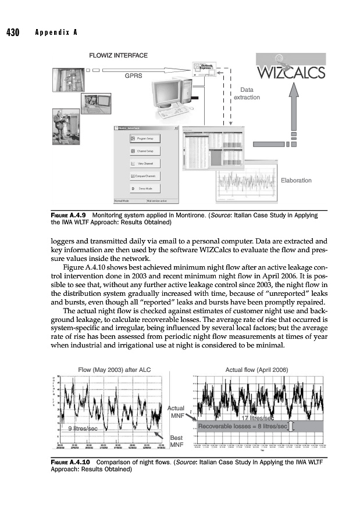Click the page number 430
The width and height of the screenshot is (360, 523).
[13, 32]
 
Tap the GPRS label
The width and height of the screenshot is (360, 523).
[134, 75]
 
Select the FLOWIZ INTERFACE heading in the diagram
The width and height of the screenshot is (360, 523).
[117, 55]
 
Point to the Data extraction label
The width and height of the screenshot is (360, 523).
[247, 94]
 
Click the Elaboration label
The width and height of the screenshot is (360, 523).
[296, 181]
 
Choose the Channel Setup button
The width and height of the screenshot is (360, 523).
[145, 151]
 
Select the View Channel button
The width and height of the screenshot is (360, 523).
[145, 163]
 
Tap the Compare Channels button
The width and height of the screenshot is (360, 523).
[145, 175]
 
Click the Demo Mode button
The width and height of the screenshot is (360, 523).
[145, 189]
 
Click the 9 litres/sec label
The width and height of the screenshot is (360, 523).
[82, 428]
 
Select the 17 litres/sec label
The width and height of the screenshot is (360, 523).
[258, 418]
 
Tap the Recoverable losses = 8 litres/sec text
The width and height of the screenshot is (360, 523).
[243, 427]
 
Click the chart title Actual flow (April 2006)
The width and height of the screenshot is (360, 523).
[256, 368]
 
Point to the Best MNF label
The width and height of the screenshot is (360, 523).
[176, 442]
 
